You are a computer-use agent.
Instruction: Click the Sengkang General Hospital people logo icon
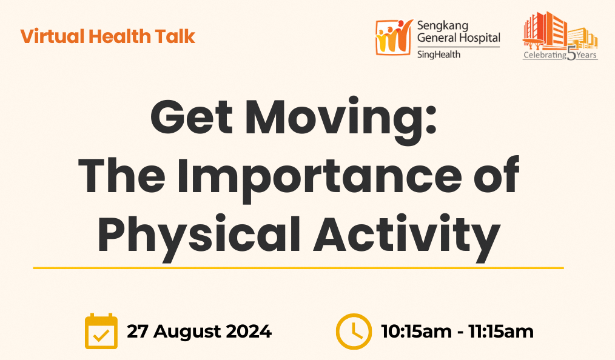[x=394, y=37]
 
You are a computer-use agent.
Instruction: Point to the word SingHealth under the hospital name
[x=439, y=54]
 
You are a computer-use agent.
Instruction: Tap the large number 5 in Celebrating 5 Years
[x=571, y=54]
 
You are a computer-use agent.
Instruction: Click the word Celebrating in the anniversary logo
[x=545, y=55]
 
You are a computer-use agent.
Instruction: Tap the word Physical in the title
[x=200, y=237]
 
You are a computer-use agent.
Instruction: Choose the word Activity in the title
[x=406, y=237]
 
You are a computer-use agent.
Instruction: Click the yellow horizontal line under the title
[x=298, y=268]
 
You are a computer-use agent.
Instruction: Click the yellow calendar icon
[x=101, y=331]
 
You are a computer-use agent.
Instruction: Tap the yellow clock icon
[x=354, y=332]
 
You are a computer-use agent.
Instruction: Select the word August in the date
[x=187, y=332]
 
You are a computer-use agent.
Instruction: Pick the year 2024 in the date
[x=249, y=332]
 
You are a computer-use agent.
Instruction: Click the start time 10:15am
[x=416, y=332]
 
